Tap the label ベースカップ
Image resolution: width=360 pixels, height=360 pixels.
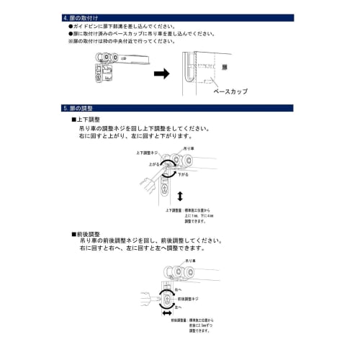230,92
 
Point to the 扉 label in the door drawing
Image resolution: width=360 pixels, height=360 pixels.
224,66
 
